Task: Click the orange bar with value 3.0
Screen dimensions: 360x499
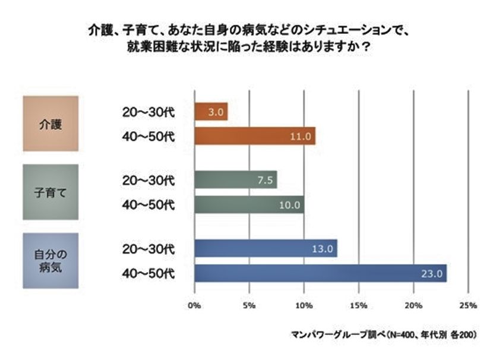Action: coord(211,112)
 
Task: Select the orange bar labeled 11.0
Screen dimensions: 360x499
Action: coord(255,136)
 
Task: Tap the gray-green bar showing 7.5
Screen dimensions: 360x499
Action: coord(236,179)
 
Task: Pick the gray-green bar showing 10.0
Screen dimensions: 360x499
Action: coord(249,204)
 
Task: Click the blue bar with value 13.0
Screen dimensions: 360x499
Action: coord(266,248)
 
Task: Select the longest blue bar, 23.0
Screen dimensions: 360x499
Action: coord(321,273)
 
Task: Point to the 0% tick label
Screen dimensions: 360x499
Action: coord(194,306)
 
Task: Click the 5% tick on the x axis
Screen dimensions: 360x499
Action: coord(249,306)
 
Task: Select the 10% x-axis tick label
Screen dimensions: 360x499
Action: coord(304,306)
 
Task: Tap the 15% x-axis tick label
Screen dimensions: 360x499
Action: coord(358,306)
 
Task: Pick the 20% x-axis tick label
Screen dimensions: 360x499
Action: coord(413,306)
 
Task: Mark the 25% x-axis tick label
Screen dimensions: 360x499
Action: coord(468,306)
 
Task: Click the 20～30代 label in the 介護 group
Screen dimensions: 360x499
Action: coord(146,112)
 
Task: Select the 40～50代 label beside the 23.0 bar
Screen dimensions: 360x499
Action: coord(146,273)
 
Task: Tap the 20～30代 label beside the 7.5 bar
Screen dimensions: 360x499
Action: coord(146,179)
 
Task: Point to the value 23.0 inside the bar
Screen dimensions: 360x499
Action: coord(429,274)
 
